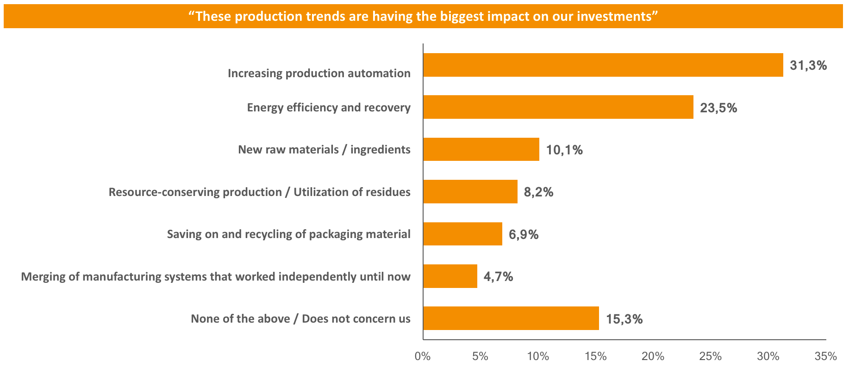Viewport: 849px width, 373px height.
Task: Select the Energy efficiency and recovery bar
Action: point(558,107)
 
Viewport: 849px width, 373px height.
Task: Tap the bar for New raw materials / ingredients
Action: point(481,149)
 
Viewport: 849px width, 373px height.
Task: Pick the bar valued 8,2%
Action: point(470,191)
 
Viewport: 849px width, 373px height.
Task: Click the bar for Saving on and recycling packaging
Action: point(462,234)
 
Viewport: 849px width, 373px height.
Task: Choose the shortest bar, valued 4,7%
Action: point(450,276)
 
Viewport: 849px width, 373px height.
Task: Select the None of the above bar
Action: point(511,318)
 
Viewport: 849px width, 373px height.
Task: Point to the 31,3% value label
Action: point(808,66)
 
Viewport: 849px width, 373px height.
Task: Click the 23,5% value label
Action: point(718,108)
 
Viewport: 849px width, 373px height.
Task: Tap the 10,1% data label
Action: point(564,150)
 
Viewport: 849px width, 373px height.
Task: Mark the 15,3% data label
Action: point(624,319)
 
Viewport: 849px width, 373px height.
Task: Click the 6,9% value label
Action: point(523,235)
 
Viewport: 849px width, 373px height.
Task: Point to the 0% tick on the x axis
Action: point(423,356)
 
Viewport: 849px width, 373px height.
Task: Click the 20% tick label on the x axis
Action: point(653,356)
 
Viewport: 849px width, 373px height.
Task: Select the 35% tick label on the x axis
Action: point(825,356)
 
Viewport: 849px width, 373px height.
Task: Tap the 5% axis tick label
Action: point(480,356)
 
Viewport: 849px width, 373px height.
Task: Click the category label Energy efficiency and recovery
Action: point(329,108)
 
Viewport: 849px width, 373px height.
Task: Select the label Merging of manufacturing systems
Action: point(216,277)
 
